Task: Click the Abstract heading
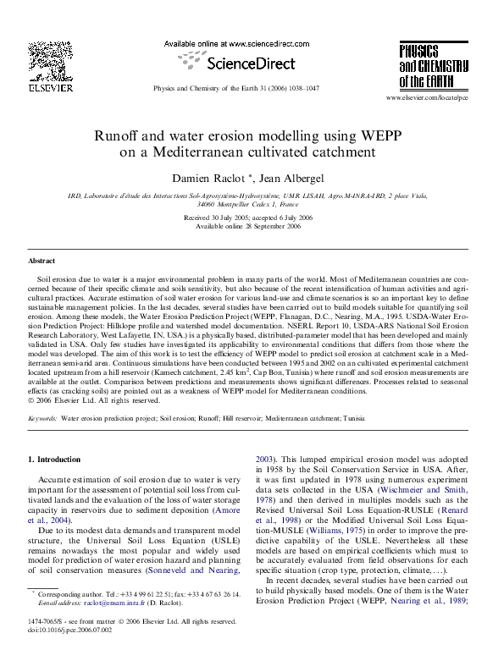coord(42,262)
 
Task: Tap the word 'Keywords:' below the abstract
coord(42,418)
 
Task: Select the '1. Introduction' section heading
coord(56,459)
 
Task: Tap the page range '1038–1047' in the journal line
coord(302,89)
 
